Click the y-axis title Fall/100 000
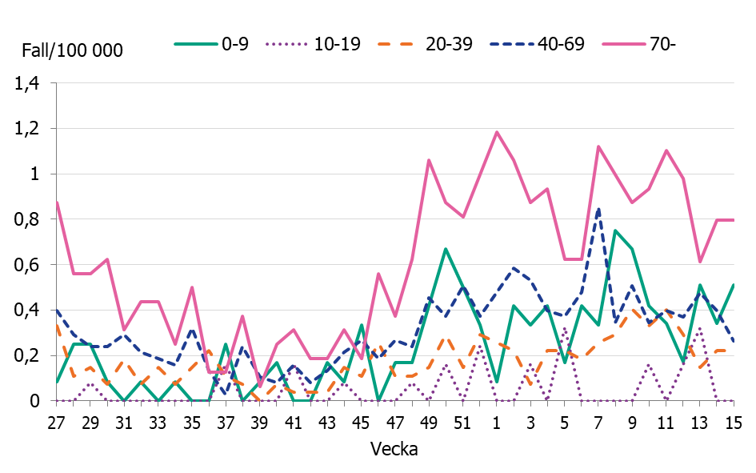tap(73, 51)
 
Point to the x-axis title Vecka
tap(394, 449)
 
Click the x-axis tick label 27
tap(57, 421)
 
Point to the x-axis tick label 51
tap(462, 421)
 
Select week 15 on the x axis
tap(733, 421)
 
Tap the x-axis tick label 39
tap(259, 421)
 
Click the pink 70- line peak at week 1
tap(496, 132)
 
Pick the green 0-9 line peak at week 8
tap(614, 230)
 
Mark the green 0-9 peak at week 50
tap(446, 249)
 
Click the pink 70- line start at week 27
tap(57, 202)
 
